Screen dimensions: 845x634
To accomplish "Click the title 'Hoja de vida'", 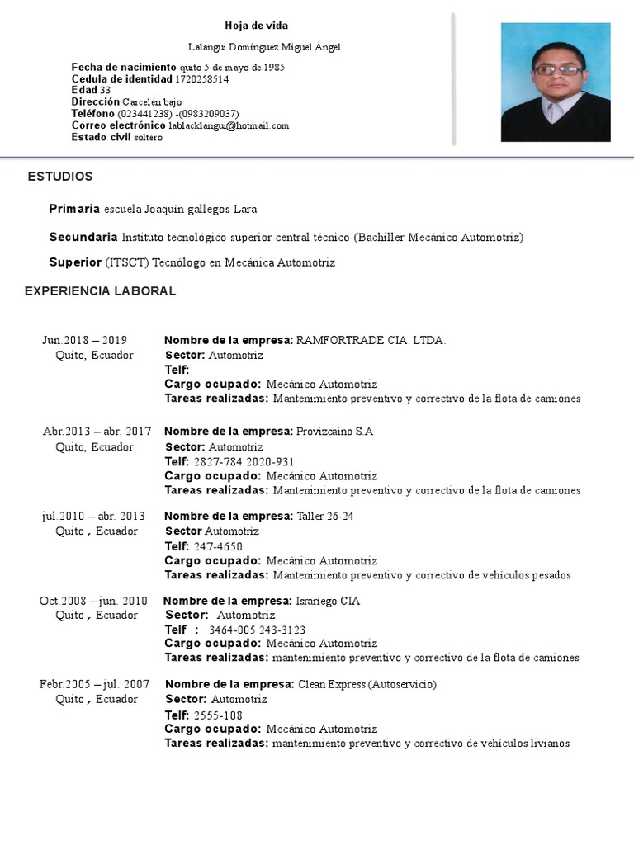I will click(x=257, y=26).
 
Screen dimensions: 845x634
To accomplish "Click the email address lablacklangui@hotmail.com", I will click(x=229, y=125).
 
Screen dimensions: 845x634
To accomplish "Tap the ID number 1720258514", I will click(x=202, y=79).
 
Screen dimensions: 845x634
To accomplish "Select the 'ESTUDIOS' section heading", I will click(x=60, y=177).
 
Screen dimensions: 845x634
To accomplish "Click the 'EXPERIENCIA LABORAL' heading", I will click(x=100, y=291).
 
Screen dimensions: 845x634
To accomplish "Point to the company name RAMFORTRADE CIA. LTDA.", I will click(x=371, y=340).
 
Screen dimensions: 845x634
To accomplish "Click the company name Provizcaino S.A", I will click(x=334, y=432).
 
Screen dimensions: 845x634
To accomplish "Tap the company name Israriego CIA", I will click(x=328, y=601).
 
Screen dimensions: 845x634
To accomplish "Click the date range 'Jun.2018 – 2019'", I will click(x=84, y=340).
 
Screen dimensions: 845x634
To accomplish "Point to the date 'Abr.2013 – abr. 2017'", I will click(x=97, y=432).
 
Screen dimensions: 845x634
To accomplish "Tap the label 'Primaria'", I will click(x=74, y=209).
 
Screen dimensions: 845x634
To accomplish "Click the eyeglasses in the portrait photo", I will click(x=558, y=70).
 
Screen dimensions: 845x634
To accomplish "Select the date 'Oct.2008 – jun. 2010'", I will click(x=93, y=601).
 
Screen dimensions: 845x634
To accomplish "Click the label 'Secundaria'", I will click(x=83, y=238).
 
